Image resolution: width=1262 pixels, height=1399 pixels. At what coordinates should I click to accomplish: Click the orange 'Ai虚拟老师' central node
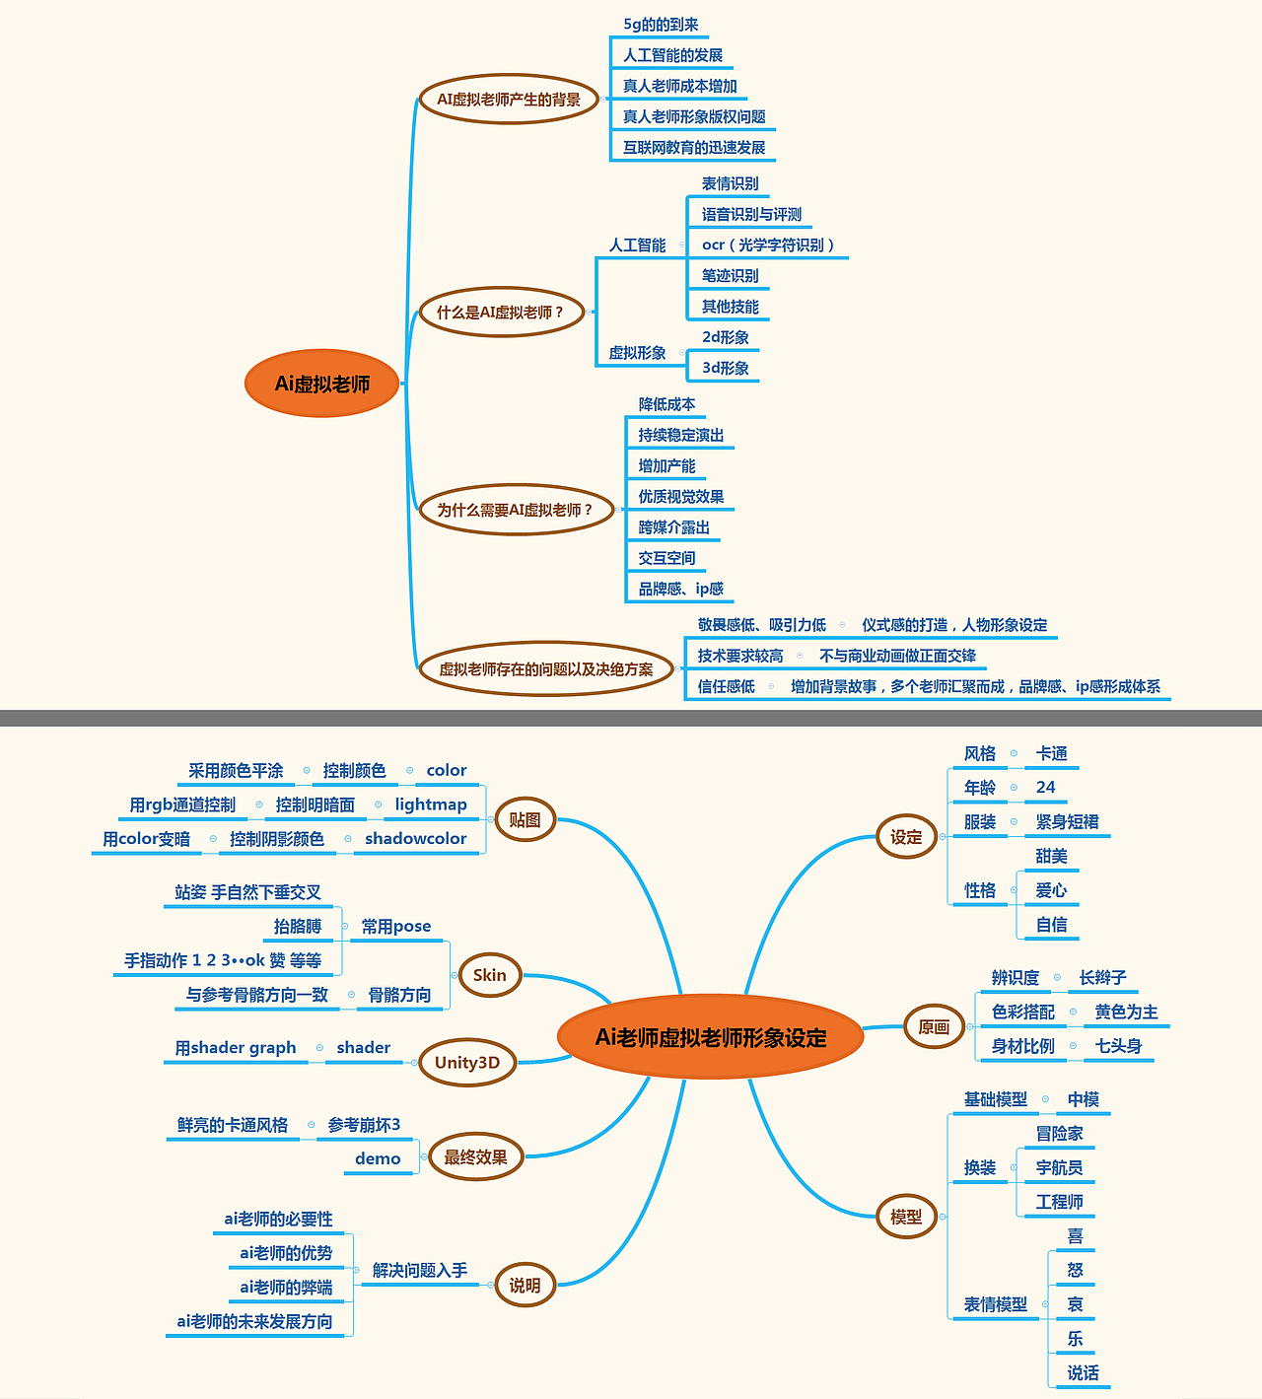(x=321, y=383)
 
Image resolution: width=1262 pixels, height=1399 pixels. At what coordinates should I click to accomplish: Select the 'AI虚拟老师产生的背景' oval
(x=510, y=99)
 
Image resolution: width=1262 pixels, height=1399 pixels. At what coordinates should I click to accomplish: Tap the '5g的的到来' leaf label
(x=661, y=25)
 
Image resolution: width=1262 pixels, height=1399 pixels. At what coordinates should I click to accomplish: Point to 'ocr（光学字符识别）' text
(x=767, y=245)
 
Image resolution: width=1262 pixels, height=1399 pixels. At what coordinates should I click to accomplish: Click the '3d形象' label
(x=725, y=368)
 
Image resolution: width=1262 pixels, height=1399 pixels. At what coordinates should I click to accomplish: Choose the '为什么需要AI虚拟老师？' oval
(x=516, y=510)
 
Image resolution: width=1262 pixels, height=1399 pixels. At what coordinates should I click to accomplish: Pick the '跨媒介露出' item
(x=673, y=527)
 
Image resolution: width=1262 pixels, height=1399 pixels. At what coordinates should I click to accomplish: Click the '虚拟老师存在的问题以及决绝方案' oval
(x=546, y=668)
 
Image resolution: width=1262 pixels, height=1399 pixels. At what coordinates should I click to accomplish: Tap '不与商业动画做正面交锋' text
(x=897, y=656)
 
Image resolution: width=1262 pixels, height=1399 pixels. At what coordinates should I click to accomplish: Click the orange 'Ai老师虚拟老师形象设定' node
(x=710, y=1037)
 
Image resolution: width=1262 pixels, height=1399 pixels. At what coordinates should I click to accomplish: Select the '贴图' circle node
(x=525, y=819)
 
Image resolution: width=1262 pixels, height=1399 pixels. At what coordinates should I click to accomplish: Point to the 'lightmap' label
(x=431, y=804)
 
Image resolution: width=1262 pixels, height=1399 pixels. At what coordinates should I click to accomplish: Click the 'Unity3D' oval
(x=467, y=1062)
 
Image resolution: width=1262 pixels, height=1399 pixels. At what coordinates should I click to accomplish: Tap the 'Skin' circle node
(x=490, y=975)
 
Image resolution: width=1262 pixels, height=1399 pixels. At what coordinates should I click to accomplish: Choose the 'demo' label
(x=378, y=1158)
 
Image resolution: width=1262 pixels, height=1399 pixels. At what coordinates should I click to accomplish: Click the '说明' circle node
(x=525, y=1285)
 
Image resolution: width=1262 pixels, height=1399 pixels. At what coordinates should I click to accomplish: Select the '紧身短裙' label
(x=1067, y=821)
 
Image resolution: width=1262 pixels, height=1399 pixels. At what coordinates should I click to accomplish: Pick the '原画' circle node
(x=934, y=1026)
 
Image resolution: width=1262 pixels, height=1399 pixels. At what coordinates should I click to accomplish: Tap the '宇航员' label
(x=1059, y=1167)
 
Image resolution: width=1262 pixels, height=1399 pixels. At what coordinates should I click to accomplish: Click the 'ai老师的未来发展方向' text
(x=254, y=1321)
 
